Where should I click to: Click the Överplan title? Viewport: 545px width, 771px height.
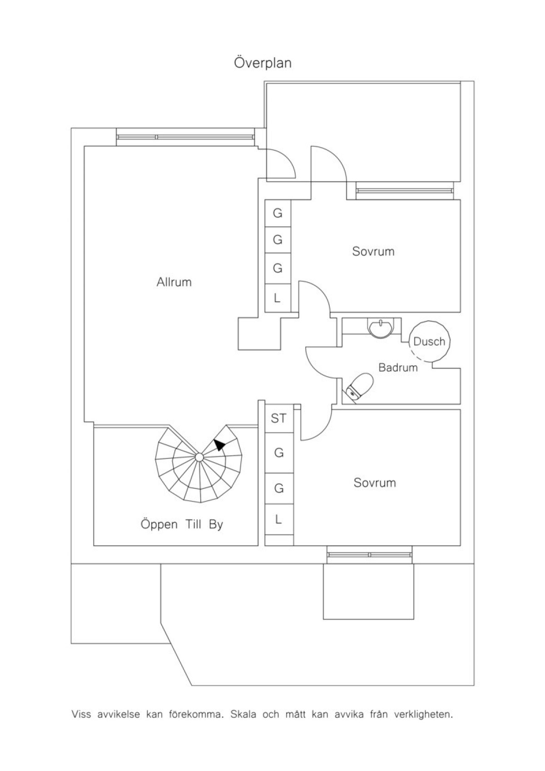(263, 63)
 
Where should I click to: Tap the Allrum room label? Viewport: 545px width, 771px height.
(174, 282)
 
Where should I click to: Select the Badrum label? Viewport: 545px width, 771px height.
(398, 368)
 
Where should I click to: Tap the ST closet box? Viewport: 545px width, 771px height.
(279, 418)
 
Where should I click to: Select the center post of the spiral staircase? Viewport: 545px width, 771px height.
(199, 457)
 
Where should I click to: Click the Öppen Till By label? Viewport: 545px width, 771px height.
(182, 525)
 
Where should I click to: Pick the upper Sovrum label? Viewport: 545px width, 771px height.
(373, 251)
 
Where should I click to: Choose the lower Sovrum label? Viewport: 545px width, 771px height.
(375, 482)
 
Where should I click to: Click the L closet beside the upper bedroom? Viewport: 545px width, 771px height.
(277, 298)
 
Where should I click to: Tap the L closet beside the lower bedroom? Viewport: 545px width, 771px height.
(279, 519)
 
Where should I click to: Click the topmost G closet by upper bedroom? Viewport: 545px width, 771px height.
(277, 213)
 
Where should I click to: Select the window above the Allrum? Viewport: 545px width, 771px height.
(186, 137)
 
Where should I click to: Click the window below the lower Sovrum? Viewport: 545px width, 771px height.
(369, 554)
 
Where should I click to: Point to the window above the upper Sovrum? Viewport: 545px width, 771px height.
(405, 191)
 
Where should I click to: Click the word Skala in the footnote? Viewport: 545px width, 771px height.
(243, 714)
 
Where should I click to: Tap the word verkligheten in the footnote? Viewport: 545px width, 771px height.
(424, 715)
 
